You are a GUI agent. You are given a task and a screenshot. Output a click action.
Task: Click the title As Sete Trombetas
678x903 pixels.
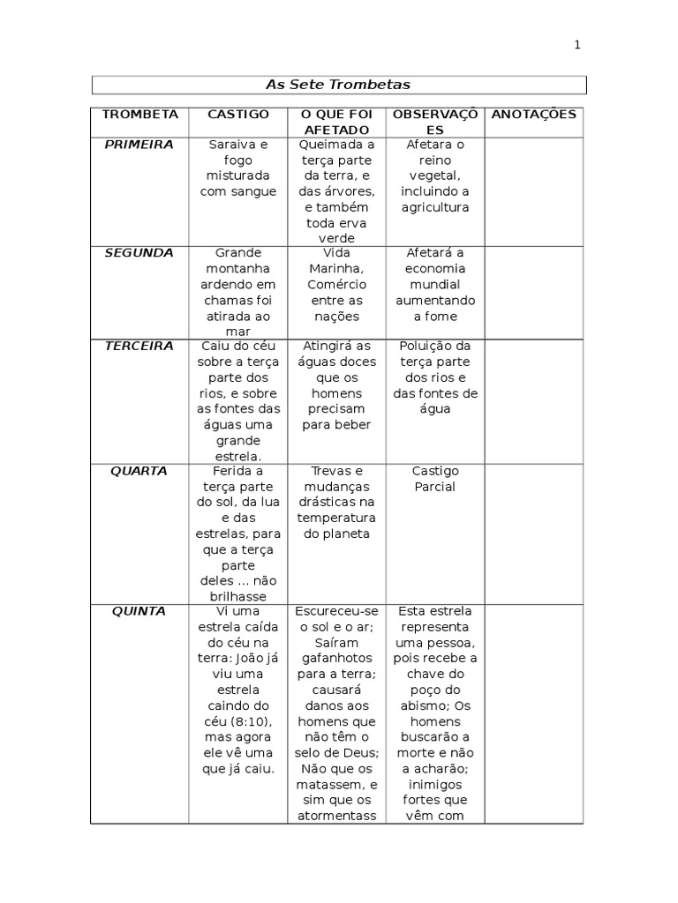pos(338,85)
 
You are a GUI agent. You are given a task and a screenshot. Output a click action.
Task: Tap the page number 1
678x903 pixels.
pos(576,45)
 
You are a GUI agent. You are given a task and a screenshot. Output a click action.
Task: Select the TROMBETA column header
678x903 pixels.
pos(139,115)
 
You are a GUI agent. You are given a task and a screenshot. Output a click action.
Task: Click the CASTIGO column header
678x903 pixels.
pos(238,115)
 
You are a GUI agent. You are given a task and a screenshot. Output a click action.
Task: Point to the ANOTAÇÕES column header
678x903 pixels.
pos(533,115)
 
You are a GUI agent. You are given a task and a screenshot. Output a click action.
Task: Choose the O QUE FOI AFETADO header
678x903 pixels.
pos(336,122)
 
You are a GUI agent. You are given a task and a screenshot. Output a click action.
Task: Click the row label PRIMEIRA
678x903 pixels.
pos(139,144)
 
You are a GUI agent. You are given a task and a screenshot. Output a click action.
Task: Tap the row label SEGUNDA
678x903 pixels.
pos(139,253)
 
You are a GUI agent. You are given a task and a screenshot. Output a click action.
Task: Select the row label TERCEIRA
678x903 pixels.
pos(139,347)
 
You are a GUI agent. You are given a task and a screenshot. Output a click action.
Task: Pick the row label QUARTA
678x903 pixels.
pos(139,471)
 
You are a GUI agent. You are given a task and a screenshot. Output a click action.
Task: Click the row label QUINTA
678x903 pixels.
pos(139,611)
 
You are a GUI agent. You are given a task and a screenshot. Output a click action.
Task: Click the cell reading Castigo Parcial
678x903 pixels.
pos(434,479)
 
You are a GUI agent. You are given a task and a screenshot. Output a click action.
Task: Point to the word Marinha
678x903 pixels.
pos(336,269)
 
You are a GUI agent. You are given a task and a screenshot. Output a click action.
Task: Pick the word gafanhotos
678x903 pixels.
pos(336,659)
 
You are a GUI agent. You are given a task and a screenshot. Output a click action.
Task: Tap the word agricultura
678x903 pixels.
pos(434,207)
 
